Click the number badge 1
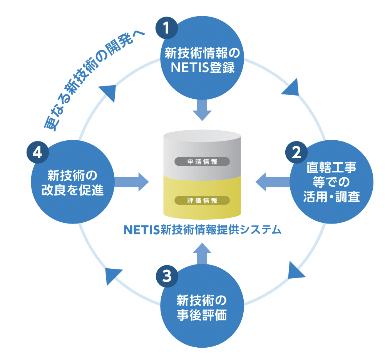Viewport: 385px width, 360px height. (166, 28)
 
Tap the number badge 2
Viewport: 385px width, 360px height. (296, 153)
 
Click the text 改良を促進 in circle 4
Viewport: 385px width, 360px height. (72, 190)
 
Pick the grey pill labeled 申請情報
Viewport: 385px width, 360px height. (202, 161)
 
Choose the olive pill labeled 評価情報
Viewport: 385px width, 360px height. (202, 200)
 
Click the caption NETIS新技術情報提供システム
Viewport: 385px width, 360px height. (203, 230)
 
